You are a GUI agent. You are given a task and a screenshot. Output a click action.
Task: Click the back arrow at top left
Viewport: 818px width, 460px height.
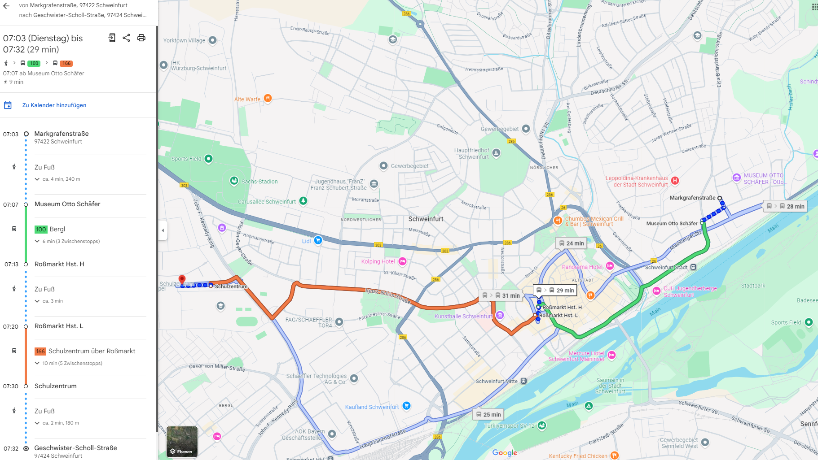coord(6,6)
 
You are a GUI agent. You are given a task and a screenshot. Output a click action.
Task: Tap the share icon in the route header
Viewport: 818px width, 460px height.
coord(126,38)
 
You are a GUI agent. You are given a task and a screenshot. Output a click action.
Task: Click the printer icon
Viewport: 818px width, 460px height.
coord(141,38)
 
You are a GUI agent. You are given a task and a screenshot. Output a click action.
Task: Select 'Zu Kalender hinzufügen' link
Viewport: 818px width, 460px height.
coord(54,105)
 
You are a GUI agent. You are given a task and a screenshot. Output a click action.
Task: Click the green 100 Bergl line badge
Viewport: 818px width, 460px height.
coord(41,229)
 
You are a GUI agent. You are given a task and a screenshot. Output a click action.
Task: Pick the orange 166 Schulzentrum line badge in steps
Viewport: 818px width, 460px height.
coord(40,351)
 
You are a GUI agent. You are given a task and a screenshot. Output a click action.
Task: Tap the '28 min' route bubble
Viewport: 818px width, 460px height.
coord(786,206)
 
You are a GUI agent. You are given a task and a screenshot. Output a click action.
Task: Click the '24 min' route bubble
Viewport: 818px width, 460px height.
coord(571,243)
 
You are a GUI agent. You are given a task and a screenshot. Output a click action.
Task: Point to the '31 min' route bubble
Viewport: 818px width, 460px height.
coord(501,295)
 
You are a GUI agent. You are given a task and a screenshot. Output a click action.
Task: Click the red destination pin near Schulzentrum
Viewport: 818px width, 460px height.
coord(182,279)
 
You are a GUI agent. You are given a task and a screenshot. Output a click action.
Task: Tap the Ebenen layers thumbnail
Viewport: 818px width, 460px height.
coord(182,442)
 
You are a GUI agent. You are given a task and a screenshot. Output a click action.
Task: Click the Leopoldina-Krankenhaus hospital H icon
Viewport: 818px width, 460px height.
coord(675,180)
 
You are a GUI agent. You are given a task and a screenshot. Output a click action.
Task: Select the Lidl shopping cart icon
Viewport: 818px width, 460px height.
coord(318,240)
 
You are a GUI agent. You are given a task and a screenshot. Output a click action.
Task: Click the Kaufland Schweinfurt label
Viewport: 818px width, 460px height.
coord(372,407)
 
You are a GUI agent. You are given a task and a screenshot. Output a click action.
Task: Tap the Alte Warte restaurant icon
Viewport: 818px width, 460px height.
coord(268,98)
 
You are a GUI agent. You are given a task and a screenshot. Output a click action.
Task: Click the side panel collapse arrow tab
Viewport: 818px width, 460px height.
coord(163,230)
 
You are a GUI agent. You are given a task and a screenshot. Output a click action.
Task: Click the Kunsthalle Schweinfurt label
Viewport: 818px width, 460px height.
coord(463,316)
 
